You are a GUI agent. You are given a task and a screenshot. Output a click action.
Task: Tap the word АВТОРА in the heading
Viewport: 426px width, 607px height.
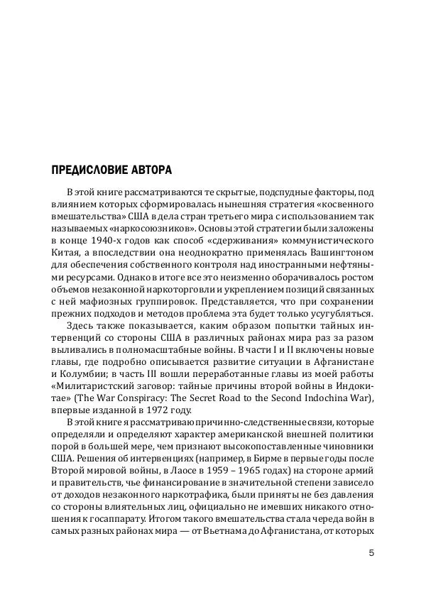coord(151,171)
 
